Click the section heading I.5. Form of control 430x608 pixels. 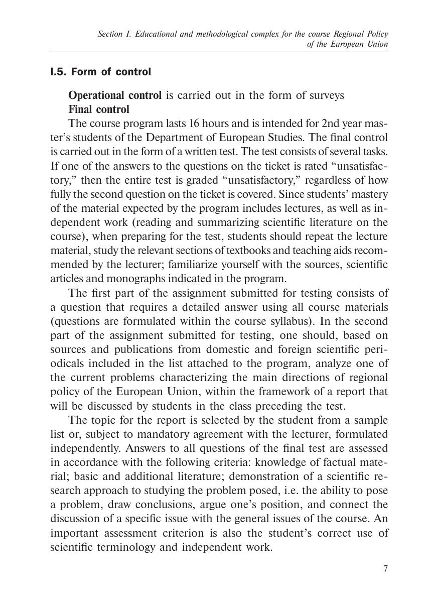click(x=100, y=72)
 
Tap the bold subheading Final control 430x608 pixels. click(x=99, y=109)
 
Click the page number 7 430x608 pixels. click(x=385, y=569)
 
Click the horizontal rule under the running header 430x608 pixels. click(x=219, y=52)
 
